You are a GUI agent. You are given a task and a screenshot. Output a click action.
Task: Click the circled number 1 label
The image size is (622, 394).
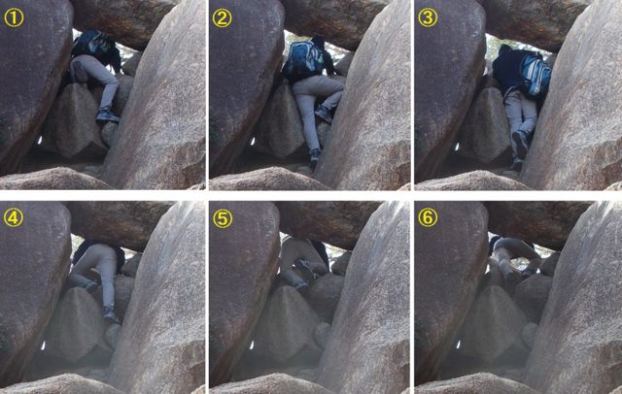14,17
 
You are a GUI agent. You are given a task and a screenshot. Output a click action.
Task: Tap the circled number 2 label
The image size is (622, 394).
222,17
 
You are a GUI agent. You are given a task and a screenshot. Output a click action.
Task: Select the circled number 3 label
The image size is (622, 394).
428,17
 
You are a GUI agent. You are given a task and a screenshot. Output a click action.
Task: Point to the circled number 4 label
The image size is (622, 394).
13,217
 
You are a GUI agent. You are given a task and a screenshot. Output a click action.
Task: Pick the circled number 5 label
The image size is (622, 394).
223,218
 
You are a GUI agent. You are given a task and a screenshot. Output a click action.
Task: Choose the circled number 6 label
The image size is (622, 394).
428,217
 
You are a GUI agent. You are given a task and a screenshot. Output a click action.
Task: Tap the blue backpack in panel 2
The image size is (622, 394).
304,59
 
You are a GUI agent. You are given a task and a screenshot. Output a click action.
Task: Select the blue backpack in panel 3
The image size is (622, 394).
535,76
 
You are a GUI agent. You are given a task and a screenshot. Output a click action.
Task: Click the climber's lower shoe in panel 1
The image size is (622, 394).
108,116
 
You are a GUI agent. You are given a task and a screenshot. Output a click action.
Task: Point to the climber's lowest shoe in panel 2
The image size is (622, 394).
315,156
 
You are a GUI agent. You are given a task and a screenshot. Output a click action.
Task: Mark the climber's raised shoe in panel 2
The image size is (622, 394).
325,115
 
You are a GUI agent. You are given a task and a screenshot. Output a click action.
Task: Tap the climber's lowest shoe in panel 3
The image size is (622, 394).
517,163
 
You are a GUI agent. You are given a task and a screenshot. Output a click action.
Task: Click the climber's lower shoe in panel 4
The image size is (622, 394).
110,314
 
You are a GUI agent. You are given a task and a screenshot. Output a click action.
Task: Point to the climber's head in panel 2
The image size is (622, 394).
319,43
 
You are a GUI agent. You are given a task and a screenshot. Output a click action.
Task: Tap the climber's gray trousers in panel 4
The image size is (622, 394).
97,274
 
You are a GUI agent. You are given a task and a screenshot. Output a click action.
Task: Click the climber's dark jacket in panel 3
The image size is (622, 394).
507,69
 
